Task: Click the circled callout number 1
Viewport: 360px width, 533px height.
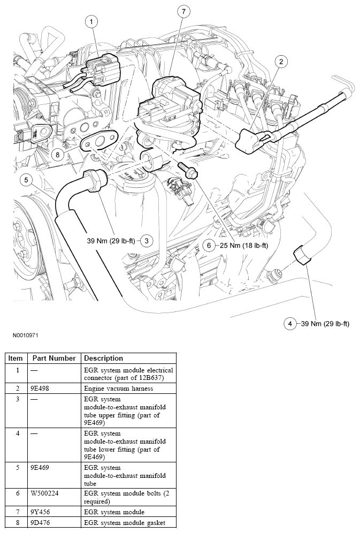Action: point(92,21)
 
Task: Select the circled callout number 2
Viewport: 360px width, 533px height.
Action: point(280,62)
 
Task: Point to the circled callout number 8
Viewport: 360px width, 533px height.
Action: point(58,155)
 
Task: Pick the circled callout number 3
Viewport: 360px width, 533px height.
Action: point(146,241)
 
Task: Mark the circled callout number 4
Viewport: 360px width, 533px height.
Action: point(290,323)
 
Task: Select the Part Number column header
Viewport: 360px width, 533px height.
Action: point(54,358)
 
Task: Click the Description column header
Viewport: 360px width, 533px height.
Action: point(103,358)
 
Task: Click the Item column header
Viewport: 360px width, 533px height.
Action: point(16,358)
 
